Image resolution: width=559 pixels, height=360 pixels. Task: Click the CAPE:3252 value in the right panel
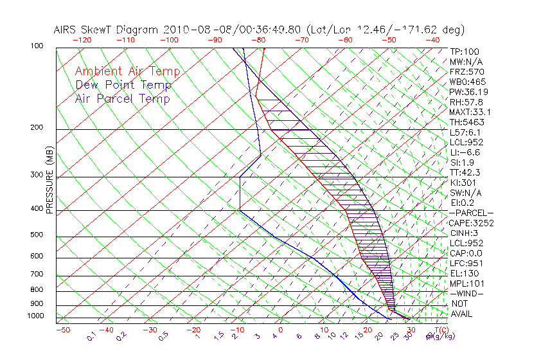click(x=472, y=223)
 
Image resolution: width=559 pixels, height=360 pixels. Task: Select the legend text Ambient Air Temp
click(x=127, y=71)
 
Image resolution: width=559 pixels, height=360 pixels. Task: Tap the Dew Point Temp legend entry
click(x=123, y=85)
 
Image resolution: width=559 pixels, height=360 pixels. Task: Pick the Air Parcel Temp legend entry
click(x=122, y=98)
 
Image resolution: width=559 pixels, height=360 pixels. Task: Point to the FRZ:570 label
click(x=466, y=72)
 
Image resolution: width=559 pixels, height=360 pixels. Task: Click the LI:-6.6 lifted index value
click(x=465, y=152)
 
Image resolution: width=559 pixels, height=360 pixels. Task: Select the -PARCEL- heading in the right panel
click(x=472, y=213)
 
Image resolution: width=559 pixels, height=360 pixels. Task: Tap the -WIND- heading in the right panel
click(x=468, y=293)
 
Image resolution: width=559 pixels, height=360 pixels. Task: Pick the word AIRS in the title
click(x=67, y=30)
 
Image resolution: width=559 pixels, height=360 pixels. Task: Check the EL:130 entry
click(x=464, y=273)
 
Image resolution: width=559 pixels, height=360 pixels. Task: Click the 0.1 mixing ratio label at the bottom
click(x=92, y=336)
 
